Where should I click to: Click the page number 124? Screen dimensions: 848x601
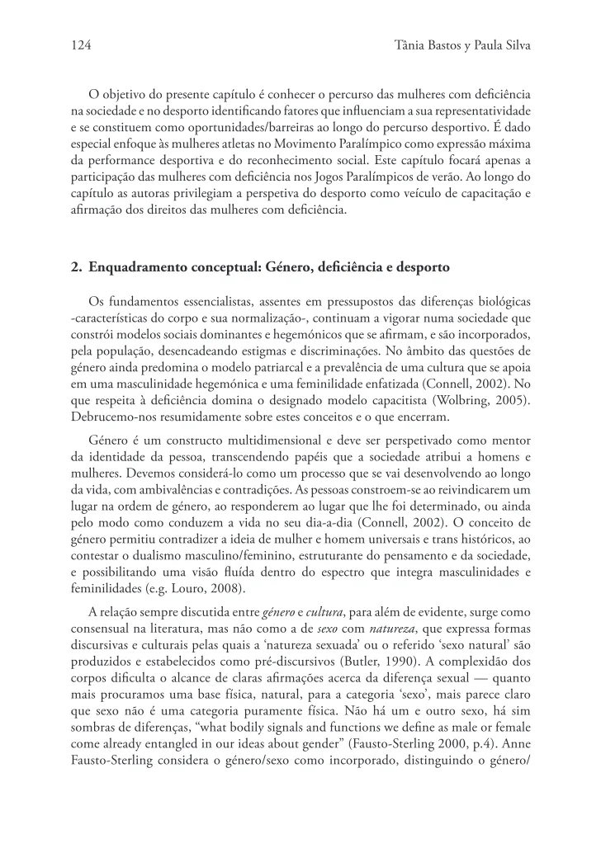(80, 47)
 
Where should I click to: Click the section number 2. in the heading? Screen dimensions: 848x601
(77, 267)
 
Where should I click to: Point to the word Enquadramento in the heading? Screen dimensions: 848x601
(135, 267)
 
